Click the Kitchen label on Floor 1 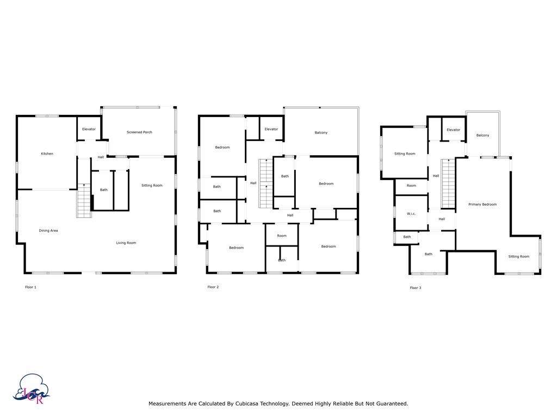click(x=47, y=154)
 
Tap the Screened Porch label click(x=139, y=132)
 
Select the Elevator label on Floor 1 click(x=89, y=130)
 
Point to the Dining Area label click(x=48, y=231)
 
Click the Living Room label click(x=126, y=243)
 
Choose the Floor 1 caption click(x=30, y=287)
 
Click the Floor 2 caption click(x=213, y=287)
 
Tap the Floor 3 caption click(x=416, y=288)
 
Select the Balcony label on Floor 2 click(x=321, y=133)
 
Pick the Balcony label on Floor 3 click(x=483, y=136)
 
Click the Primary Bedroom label click(x=482, y=205)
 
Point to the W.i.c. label click(x=411, y=214)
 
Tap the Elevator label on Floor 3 click(x=454, y=130)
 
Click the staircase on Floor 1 click(x=84, y=200)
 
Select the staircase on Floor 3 click(x=448, y=184)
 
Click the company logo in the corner click(x=32, y=389)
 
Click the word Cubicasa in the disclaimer click(x=247, y=404)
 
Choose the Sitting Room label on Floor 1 click(x=152, y=186)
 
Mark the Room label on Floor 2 click(x=282, y=236)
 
